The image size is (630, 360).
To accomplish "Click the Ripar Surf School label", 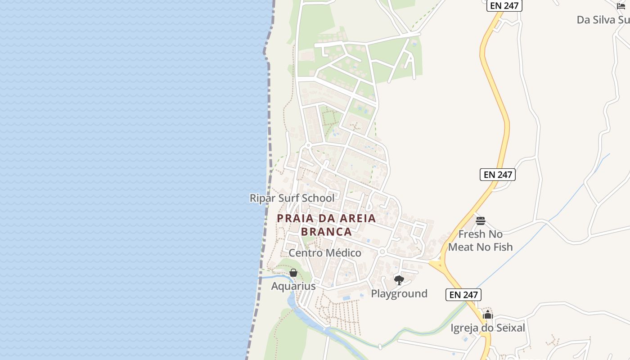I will pyautogui.click(x=292, y=198).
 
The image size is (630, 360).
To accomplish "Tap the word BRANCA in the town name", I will pyautogui.click(x=326, y=232).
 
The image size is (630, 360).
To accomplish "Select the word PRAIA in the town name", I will pyautogui.click(x=293, y=219).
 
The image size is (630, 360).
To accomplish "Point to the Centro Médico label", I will pyautogui.click(x=324, y=253).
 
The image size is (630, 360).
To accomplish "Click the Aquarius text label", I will pyautogui.click(x=293, y=286).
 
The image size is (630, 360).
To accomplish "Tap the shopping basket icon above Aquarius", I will pyautogui.click(x=293, y=273).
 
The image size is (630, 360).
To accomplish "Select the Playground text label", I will pyautogui.click(x=399, y=294).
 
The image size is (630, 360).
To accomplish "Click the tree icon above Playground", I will pyautogui.click(x=399, y=280).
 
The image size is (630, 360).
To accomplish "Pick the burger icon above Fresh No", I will pyautogui.click(x=480, y=221).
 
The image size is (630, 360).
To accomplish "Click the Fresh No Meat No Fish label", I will pyautogui.click(x=480, y=240).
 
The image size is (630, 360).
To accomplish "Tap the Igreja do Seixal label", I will pyautogui.click(x=488, y=328).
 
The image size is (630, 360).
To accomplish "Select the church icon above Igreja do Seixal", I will pyautogui.click(x=488, y=315).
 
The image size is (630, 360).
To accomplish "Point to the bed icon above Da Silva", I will pyautogui.click(x=621, y=6).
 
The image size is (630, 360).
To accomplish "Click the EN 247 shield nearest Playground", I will pyautogui.click(x=463, y=295).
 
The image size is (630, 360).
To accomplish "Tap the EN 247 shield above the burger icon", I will pyautogui.click(x=497, y=175).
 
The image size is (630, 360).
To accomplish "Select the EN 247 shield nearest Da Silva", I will pyautogui.click(x=504, y=6).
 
